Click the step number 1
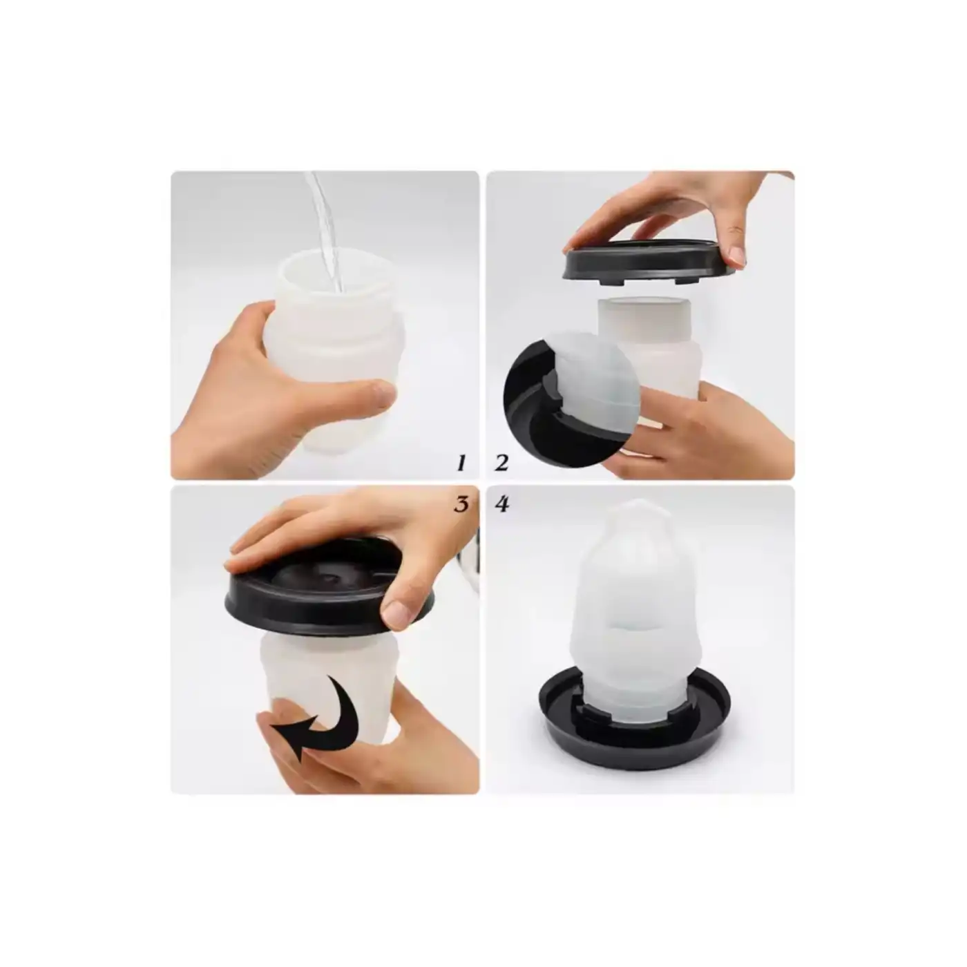(x=461, y=462)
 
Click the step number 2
(x=501, y=462)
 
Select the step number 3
(x=461, y=504)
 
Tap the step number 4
(x=502, y=504)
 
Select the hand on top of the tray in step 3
(x=345, y=532)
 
